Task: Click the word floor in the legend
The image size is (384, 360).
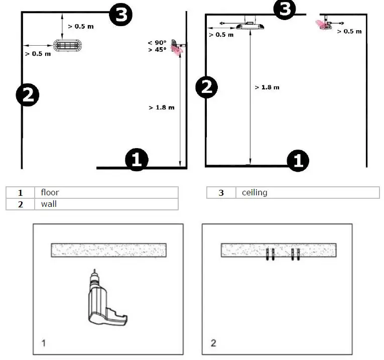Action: [50, 192]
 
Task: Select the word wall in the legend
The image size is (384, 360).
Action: [49, 204]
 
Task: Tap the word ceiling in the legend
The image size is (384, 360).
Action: [254, 192]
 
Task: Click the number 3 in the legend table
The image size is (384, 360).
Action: [221, 192]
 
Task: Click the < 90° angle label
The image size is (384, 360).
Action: [157, 43]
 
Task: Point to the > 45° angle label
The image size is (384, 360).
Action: [157, 50]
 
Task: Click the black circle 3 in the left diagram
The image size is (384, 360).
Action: [121, 15]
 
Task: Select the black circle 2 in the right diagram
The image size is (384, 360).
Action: [206, 87]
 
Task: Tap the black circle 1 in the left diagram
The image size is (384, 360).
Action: [137, 160]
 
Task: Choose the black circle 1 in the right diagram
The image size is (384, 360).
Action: [298, 160]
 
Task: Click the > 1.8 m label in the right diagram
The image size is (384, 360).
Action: [267, 87]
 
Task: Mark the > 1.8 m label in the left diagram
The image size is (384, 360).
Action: [162, 107]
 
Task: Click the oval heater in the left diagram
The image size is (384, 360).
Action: [67, 45]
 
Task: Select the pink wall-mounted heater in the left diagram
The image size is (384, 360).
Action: [177, 47]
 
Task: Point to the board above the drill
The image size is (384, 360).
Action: [108, 250]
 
